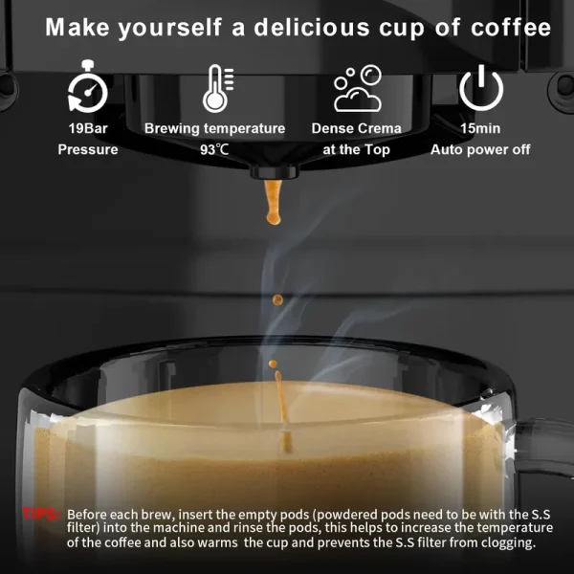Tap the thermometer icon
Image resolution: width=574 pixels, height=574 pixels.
[x=218, y=89]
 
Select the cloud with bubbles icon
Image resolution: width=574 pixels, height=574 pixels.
[x=358, y=88]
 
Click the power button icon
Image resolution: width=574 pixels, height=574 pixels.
[x=481, y=88]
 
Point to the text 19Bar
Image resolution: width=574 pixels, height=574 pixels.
[x=88, y=128]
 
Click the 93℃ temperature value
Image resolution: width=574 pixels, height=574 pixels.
[x=214, y=149]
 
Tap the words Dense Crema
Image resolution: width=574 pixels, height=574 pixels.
[x=357, y=128]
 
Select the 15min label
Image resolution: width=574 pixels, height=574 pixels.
[x=480, y=128]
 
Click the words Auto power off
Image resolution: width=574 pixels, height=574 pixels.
[x=480, y=149]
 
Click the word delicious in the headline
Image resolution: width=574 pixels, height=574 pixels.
[x=312, y=28]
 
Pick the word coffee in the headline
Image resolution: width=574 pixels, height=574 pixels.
[x=511, y=28]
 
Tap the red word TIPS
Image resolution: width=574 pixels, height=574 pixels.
[x=41, y=515]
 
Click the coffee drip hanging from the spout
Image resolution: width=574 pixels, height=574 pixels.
[x=273, y=202]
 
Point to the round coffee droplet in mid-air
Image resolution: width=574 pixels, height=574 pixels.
[x=277, y=300]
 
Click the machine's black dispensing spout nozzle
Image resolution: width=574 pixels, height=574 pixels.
[x=275, y=172]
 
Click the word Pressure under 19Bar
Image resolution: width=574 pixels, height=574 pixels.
[x=88, y=149]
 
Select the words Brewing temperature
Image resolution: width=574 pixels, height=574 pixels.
[x=215, y=128]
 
